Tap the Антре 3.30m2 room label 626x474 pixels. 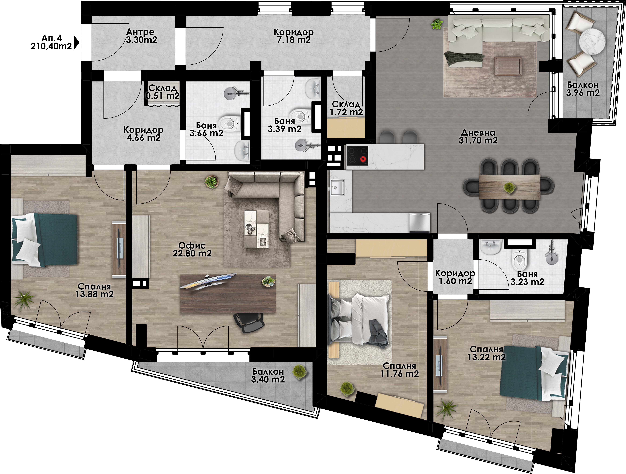[141, 36]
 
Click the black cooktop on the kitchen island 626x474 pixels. [358, 156]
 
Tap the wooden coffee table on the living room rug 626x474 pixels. [508, 66]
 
